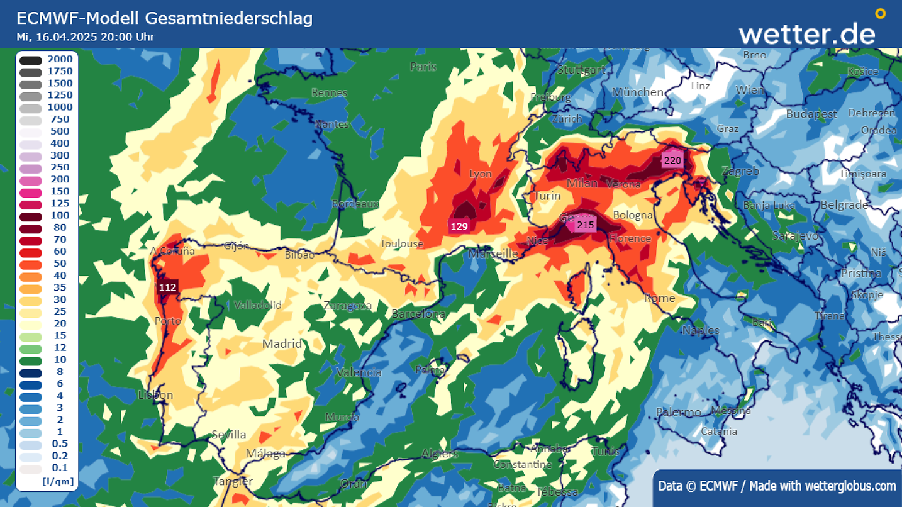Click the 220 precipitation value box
tap(672, 160)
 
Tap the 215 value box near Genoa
tap(585, 225)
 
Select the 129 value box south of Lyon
tap(459, 226)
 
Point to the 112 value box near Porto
tap(167, 287)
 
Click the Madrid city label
tap(282, 344)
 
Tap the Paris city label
tap(423, 67)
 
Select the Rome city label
tap(659, 298)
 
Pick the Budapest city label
tap(811, 114)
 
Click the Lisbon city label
tap(155, 395)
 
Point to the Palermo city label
tap(678, 413)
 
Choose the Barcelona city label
tap(418, 314)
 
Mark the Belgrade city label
tap(844, 205)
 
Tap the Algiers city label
tap(440, 454)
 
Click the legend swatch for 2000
tap(30, 60)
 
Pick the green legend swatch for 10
tap(30, 361)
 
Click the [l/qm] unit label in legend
tap(58, 482)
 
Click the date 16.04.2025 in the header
tap(65, 36)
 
